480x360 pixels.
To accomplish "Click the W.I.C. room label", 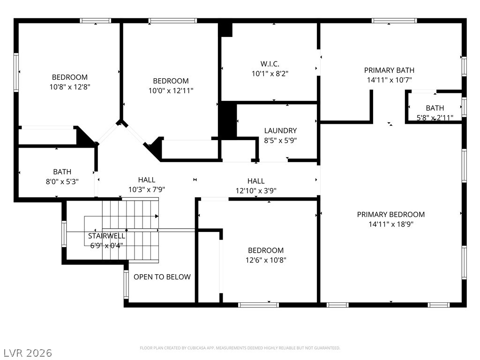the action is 270,64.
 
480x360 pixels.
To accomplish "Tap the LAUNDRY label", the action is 280,131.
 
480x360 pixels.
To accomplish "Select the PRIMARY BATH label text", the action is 389,70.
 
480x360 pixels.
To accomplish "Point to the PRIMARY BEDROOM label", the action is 390,215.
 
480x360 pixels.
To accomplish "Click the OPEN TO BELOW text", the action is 162,277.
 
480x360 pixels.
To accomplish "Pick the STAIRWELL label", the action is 106,236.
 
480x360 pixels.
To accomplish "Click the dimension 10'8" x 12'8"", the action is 70,87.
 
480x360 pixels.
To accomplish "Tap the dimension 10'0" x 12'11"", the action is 171,90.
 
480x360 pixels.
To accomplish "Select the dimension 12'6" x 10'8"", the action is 266,260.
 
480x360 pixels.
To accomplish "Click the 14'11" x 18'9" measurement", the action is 391,224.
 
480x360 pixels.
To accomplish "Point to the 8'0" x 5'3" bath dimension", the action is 62,181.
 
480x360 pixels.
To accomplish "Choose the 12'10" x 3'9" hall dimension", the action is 256,191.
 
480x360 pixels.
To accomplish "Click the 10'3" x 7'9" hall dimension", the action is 147,189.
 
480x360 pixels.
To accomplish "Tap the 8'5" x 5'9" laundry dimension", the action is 280,141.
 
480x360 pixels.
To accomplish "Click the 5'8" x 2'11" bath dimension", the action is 435,118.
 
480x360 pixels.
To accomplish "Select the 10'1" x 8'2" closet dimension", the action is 270,74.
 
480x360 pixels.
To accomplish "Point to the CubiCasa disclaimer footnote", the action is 240,348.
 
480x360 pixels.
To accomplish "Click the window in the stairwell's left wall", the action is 64,234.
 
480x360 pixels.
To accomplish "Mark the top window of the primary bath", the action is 394,21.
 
